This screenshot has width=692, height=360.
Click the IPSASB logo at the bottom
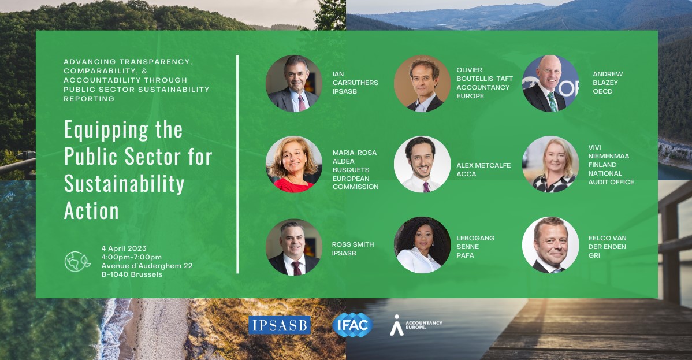click(x=280, y=325)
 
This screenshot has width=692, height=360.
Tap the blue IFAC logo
click(x=352, y=325)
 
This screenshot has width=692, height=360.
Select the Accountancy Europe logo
click(x=416, y=325)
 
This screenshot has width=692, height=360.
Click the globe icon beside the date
click(x=77, y=262)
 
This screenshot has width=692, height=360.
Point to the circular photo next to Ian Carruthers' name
click(x=294, y=83)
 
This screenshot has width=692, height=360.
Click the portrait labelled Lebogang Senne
click(x=422, y=245)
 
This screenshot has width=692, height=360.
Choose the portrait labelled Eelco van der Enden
click(x=550, y=245)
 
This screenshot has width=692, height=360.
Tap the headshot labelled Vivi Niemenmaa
click(x=550, y=164)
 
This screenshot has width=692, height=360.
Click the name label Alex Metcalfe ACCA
click(x=483, y=170)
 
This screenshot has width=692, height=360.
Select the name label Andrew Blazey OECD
click(x=608, y=83)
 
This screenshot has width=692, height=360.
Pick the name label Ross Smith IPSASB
click(x=352, y=248)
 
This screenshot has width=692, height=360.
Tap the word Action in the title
click(x=91, y=211)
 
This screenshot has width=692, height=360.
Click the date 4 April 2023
click(x=124, y=248)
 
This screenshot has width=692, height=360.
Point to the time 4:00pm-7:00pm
click(x=132, y=257)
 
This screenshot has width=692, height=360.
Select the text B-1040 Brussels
click(x=132, y=274)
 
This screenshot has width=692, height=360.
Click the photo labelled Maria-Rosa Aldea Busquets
click(x=294, y=164)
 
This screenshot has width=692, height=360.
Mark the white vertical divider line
click(x=237, y=164)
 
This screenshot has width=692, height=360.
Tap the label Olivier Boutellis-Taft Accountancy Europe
click(x=485, y=83)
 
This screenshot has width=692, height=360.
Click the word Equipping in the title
click(x=106, y=131)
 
